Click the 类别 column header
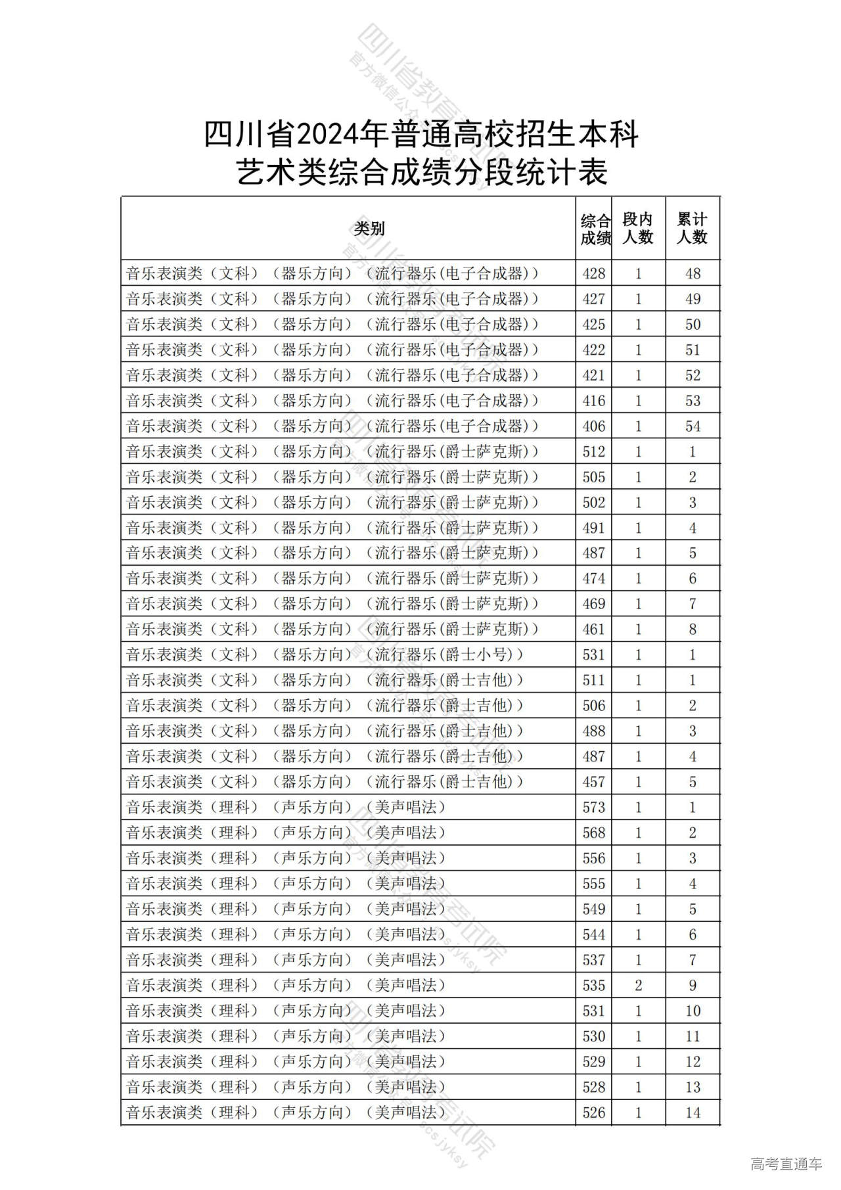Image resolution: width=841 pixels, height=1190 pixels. pyautogui.click(x=369, y=229)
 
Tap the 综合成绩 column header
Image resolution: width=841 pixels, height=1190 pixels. pyautogui.click(x=595, y=229)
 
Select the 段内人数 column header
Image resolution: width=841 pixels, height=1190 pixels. pyautogui.click(x=637, y=229)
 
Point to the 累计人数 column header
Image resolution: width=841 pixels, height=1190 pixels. pyautogui.click(x=692, y=229)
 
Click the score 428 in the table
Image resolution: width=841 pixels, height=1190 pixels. pyautogui.click(x=594, y=273)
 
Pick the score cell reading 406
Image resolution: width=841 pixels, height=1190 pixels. pyautogui.click(x=594, y=426)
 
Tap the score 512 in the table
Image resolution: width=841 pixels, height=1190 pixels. pyautogui.click(x=594, y=452)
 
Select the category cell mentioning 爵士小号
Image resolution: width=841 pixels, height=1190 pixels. pyautogui.click(x=325, y=655)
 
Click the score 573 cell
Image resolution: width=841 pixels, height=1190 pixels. pyautogui.click(x=594, y=808)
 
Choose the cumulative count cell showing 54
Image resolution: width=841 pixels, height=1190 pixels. pyautogui.click(x=693, y=426)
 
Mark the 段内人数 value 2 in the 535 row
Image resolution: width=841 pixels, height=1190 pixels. pyautogui.click(x=638, y=986)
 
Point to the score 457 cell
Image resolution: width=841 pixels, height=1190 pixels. pyautogui.click(x=594, y=782)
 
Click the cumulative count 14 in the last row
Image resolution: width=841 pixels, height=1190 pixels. pyautogui.click(x=693, y=1112)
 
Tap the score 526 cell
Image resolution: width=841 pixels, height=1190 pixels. pyautogui.click(x=594, y=1112)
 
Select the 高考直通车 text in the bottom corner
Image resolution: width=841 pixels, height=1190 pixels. pyautogui.click(x=786, y=1164)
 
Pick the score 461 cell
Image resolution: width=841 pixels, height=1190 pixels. pyautogui.click(x=594, y=629)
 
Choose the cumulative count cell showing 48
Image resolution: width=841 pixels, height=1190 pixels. pyautogui.click(x=693, y=273)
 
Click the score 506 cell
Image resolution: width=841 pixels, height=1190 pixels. pyautogui.click(x=594, y=706)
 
